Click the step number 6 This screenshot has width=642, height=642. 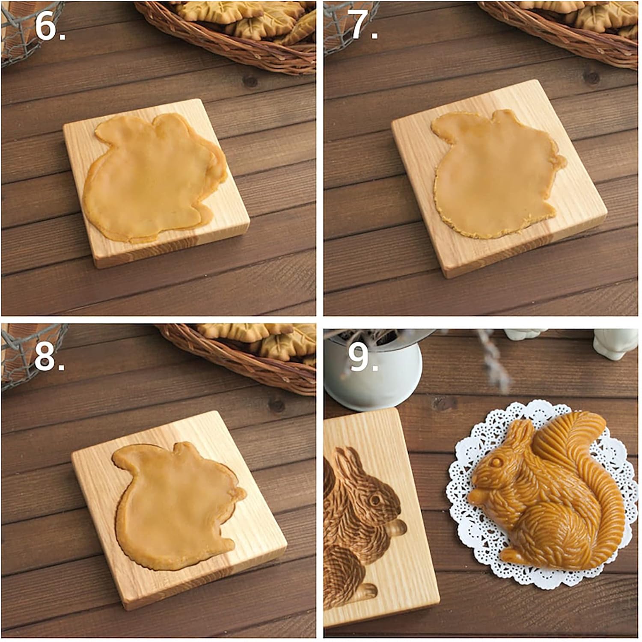(x=48, y=27)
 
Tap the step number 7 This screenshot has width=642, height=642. (x=362, y=27)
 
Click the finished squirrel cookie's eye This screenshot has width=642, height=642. (x=496, y=463)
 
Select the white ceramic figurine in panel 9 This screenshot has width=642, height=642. (x=614, y=342)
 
